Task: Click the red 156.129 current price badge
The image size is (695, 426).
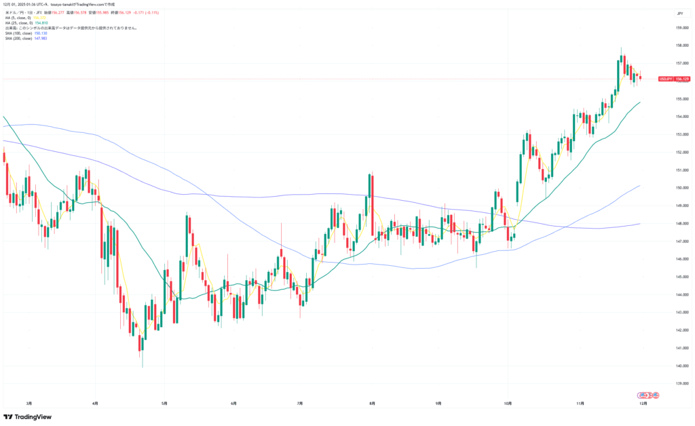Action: click(681, 79)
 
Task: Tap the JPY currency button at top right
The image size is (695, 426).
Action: click(679, 13)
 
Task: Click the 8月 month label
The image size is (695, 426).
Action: click(371, 403)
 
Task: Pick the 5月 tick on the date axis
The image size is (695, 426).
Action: click(164, 403)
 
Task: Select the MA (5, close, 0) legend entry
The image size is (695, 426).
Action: click(21, 18)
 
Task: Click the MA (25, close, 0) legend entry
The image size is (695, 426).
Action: click(22, 23)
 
